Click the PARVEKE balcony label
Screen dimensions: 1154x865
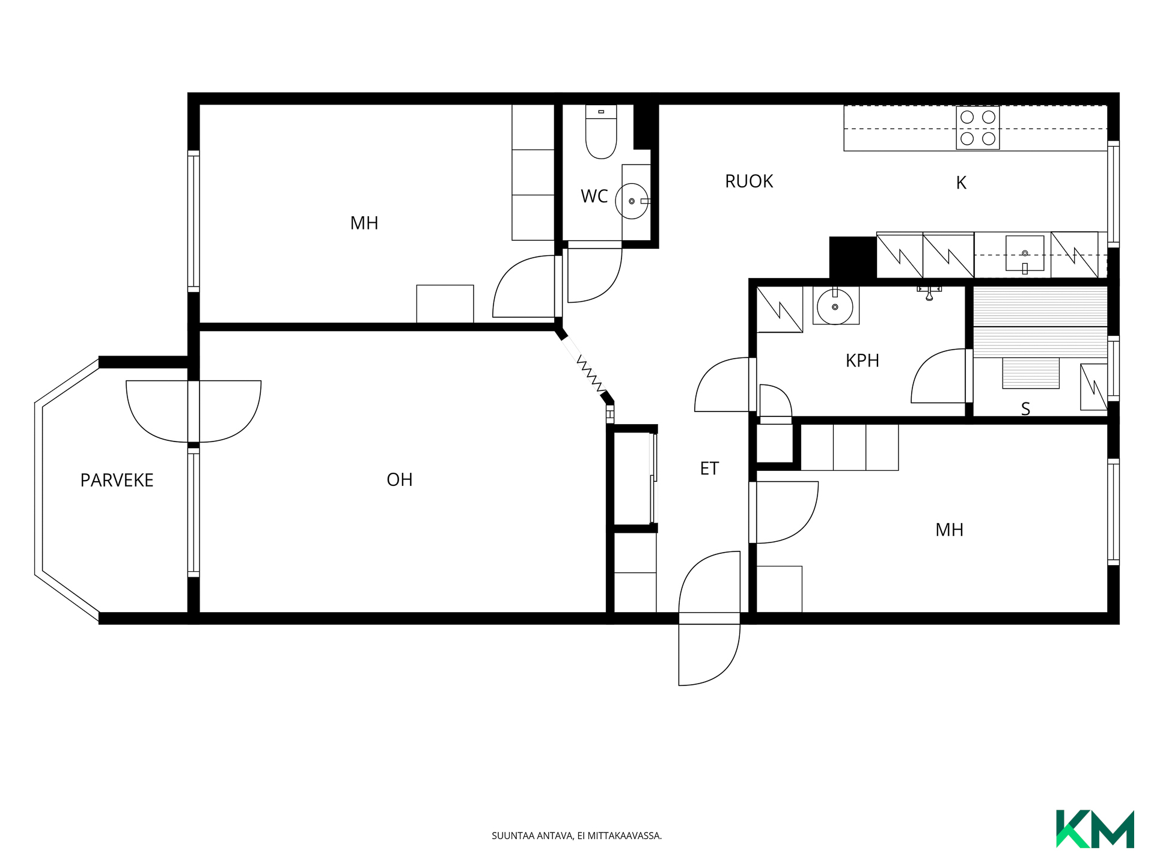pyautogui.click(x=117, y=480)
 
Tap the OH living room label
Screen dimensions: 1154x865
pyautogui.click(x=400, y=479)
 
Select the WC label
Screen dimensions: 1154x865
pyautogui.click(x=594, y=196)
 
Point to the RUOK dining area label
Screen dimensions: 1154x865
pyautogui.click(x=749, y=181)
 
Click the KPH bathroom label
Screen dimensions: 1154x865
pyautogui.click(x=862, y=360)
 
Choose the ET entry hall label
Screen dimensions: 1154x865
pyautogui.click(x=709, y=469)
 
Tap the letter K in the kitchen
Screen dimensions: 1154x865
pyautogui.click(x=961, y=183)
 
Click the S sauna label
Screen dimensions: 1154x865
pyautogui.click(x=1025, y=409)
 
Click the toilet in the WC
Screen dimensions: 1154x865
pyautogui.click(x=601, y=132)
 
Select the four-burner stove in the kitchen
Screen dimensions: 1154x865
pyautogui.click(x=978, y=128)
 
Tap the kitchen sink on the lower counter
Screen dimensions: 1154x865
pyautogui.click(x=1025, y=254)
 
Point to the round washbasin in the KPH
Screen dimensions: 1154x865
pyautogui.click(x=835, y=306)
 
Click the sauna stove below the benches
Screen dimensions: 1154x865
pyautogui.click(x=1031, y=373)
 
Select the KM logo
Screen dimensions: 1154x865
pyautogui.click(x=1095, y=829)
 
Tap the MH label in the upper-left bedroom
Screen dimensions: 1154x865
pyautogui.click(x=364, y=223)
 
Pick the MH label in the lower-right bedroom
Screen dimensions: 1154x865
pyautogui.click(x=950, y=530)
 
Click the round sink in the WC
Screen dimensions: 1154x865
pyautogui.click(x=632, y=201)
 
